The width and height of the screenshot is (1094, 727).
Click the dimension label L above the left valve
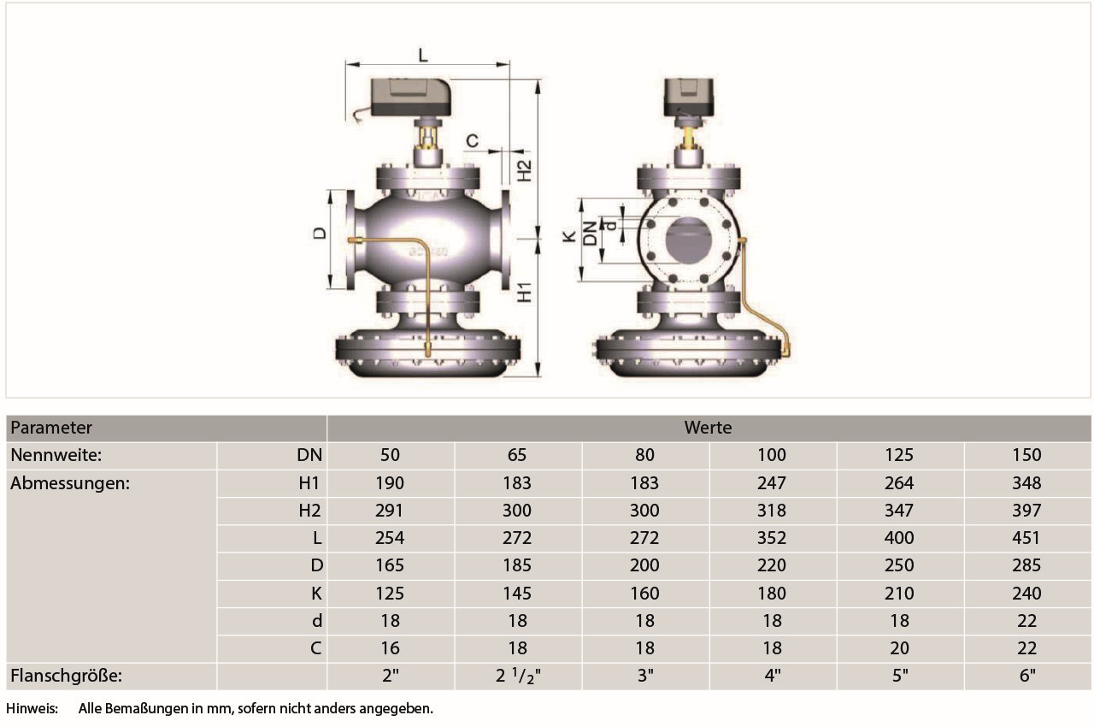click(x=423, y=55)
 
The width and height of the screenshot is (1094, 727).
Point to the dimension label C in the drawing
click(x=473, y=141)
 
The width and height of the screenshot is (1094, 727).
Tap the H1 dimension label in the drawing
click(x=525, y=293)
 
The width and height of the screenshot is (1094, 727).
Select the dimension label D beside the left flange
click(x=320, y=233)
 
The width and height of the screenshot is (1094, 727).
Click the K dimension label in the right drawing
click(x=569, y=237)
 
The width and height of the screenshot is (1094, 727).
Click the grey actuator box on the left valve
click(x=410, y=97)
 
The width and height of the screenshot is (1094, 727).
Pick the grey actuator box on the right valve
click(x=689, y=97)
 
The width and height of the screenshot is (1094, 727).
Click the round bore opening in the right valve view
click(x=688, y=239)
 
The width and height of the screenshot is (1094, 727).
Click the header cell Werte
click(x=708, y=428)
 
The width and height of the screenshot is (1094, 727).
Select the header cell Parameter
click(x=51, y=428)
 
